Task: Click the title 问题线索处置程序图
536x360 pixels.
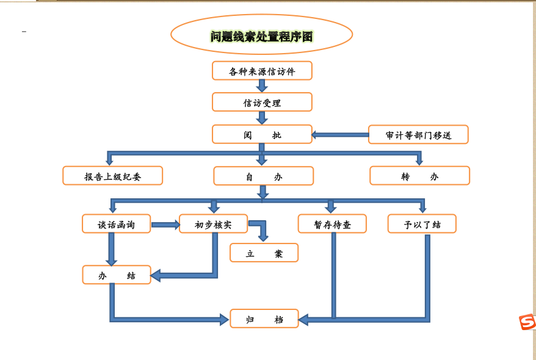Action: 261,37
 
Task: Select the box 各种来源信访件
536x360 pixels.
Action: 262,71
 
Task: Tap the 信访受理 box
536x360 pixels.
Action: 262,103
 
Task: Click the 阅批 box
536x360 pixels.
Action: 262,135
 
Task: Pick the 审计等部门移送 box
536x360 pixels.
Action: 418,135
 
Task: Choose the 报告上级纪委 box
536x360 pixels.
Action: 112,176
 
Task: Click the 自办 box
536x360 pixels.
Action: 263,176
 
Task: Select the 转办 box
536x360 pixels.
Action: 419,176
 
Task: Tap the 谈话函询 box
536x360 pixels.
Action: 116,224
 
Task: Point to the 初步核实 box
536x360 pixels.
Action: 213,224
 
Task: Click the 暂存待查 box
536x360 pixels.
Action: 332,224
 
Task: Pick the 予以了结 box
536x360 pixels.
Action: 422,224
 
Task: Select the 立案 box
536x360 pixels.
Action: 264,253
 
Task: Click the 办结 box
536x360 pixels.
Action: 117,275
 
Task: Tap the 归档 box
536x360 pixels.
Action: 264,319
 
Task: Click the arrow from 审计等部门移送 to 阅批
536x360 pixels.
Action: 340,135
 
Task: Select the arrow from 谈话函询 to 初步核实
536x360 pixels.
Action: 165,225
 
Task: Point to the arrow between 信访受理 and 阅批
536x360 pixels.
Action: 262,118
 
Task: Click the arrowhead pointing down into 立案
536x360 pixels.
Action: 263,237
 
